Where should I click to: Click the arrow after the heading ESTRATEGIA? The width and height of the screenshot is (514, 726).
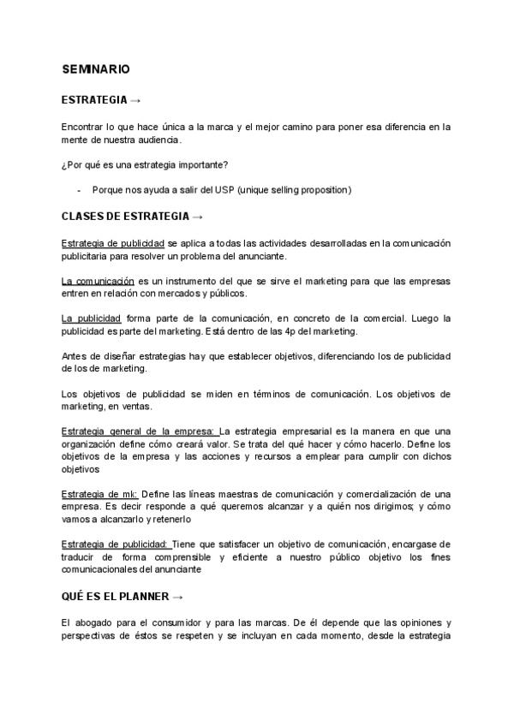pyautogui.click(x=135, y=100)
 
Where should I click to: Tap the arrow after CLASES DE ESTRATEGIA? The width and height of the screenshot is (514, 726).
pyautogui.click(x=198, y=216)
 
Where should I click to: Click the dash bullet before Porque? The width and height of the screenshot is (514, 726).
pyautogui.click(x=79, y=189)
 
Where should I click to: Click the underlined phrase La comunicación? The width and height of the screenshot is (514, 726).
pyautogui.click(x=99, y=281)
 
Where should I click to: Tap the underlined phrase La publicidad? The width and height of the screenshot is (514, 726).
pyautogui.click(x=92, y=318)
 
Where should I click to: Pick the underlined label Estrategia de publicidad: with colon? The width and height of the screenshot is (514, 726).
pyautogui.click(x=117, y=544)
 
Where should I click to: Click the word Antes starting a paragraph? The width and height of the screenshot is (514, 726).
pyautogui.click(x=75, y=356)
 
